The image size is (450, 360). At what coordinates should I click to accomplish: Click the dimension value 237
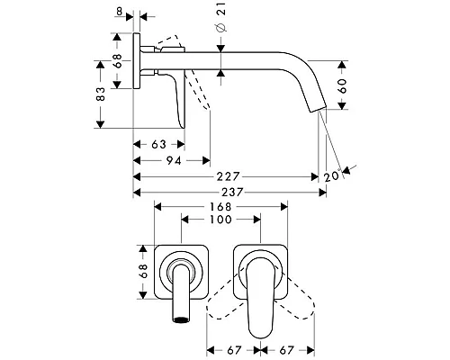[232, 193]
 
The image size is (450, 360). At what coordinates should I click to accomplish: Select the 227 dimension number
[229, 176]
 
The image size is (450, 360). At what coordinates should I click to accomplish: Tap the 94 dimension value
[174, 161]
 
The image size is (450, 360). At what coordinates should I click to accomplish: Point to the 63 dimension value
[158, 145]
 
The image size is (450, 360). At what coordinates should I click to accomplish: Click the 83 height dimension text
[101, 94]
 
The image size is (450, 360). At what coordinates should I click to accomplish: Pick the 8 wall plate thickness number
[120, 12]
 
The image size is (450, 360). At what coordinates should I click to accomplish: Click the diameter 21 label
[221, 17]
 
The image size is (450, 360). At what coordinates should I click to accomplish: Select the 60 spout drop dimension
[342, 86]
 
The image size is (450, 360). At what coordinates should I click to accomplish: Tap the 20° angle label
[333, 175]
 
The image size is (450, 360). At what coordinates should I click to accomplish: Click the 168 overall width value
[220, 207]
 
